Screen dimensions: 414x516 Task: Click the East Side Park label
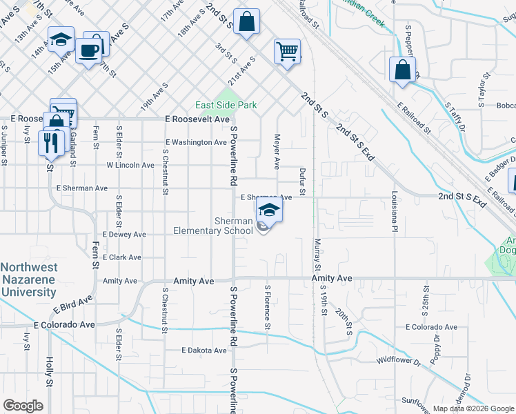(x=226, y=105)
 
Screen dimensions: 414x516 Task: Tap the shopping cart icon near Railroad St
(x=286, y=50)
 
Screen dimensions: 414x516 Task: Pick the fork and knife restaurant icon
(x=50, y=143)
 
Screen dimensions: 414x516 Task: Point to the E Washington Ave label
(x=195, y=142)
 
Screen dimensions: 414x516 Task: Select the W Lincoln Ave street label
(x=130, y=165)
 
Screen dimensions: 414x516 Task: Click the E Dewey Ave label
(x=123, y=235)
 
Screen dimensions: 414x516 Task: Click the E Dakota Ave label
(x=204, y=351)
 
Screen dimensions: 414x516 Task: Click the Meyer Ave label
(x=277, y=152)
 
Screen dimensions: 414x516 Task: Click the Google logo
(x=23, y=406)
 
